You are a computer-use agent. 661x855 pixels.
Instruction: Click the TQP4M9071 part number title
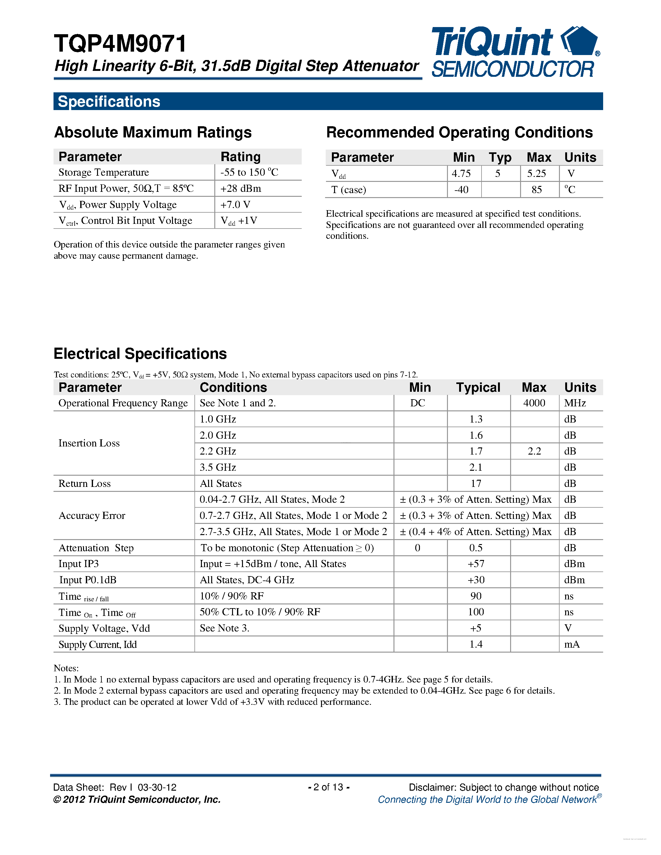tap(120, 44)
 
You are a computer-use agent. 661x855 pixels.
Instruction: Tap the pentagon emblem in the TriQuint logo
tap(580, 41)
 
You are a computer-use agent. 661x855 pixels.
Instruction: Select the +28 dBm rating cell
tap(240, 189)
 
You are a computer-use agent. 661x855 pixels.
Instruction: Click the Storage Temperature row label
tap(104, 173)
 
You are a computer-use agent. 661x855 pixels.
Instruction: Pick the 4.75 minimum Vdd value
tap(461, 173)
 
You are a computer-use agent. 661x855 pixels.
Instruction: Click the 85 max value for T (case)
tap(537, 190)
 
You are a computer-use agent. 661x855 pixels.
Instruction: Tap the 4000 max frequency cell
tap(534, 403)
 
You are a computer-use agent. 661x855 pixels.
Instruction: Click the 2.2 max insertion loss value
tap(534, 451)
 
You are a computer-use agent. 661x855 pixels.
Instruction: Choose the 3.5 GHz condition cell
tap(218, 467)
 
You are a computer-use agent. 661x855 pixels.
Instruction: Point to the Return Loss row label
tap(85, 483)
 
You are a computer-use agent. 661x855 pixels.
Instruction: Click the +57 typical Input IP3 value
tap(476, 564)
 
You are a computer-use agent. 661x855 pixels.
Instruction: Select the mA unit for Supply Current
tap(572, 645)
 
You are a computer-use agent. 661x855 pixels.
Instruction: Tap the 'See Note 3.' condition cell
tap(224, 628)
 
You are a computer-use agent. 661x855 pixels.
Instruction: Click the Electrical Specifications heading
tap(140, 354)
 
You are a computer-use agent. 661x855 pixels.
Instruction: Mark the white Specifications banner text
tap(109, 101)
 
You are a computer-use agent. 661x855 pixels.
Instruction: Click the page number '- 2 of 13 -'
tap(328, 787)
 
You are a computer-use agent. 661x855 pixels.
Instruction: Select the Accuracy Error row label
tap(92, 515)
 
